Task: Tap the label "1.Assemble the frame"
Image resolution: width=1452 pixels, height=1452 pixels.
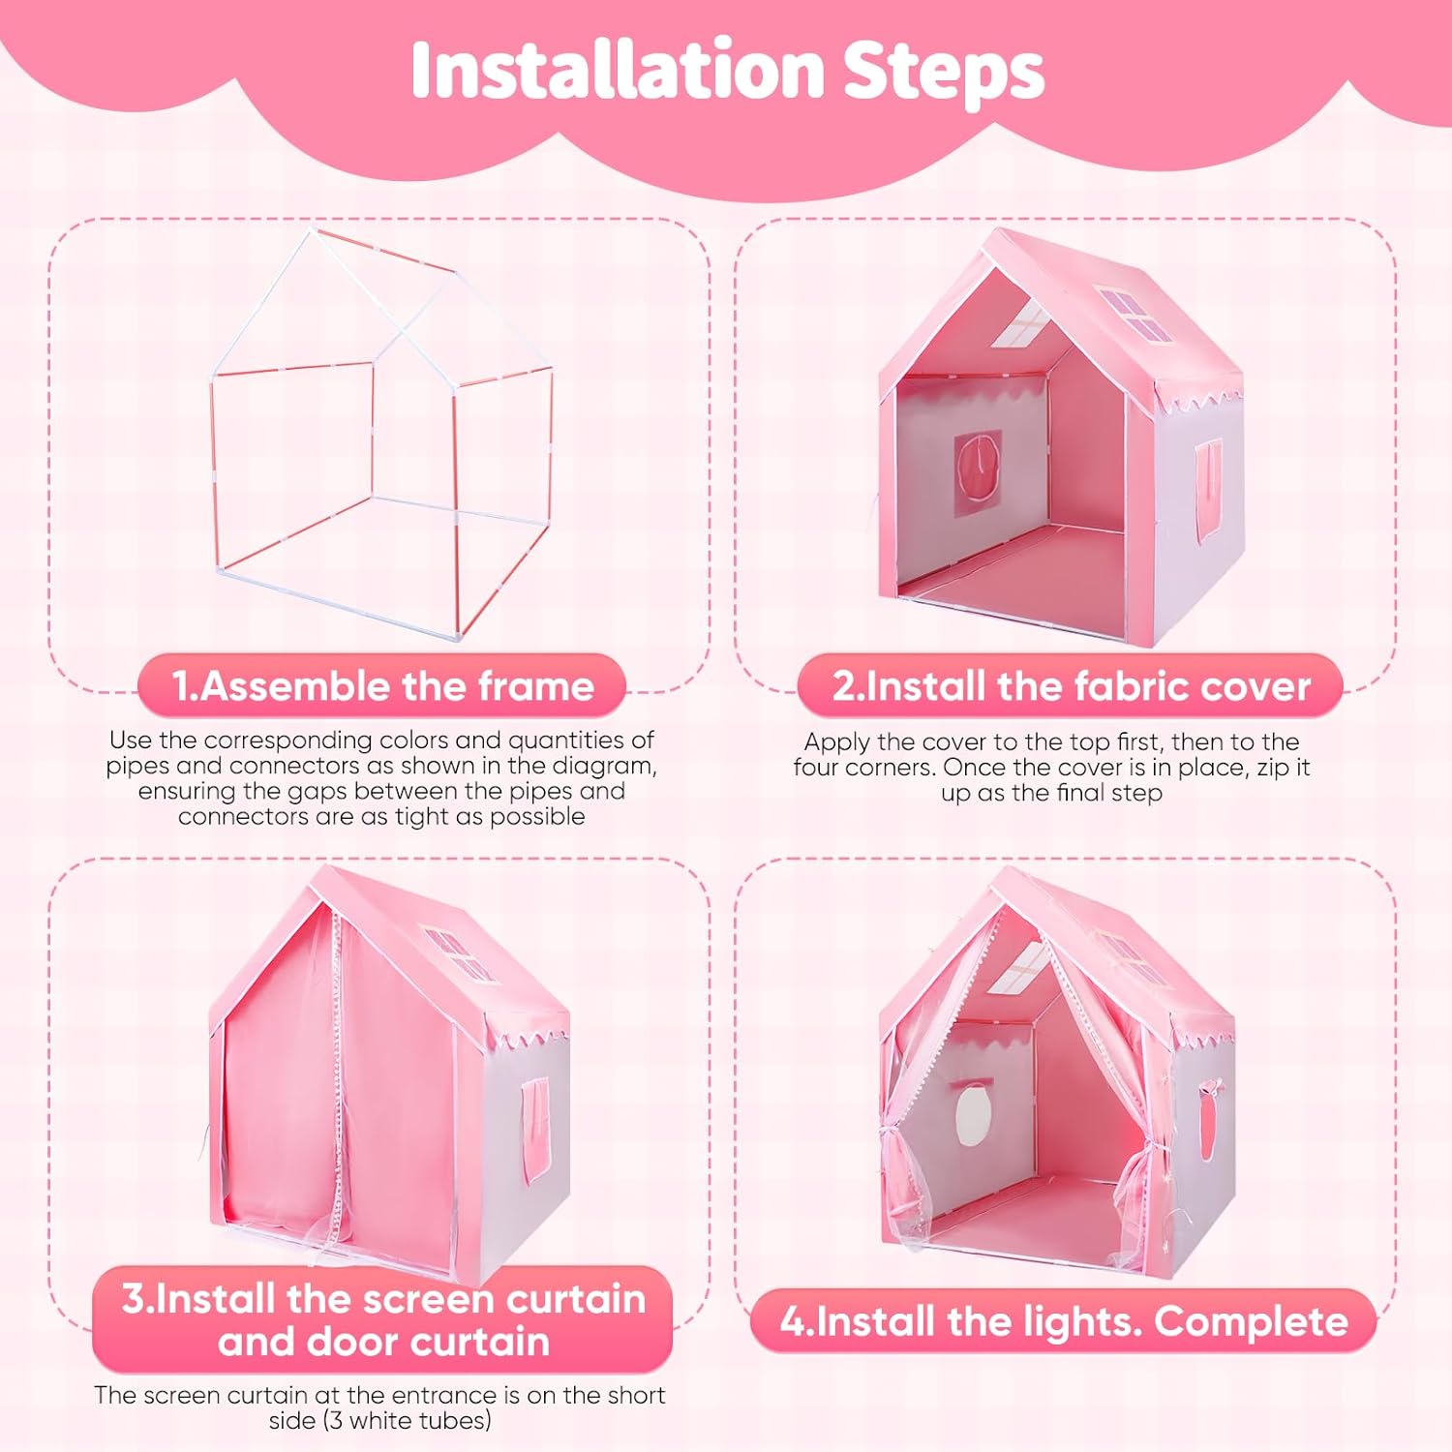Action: (x=382, y=685)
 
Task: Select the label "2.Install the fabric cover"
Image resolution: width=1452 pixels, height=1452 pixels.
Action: (x=1071, y=685)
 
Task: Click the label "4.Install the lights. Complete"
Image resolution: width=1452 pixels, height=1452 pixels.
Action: (x=1064, y=1321)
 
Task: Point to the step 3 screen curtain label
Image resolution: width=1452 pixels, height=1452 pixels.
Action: (x=383, y=1319)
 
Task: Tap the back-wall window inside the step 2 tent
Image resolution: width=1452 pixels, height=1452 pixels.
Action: (x=979, y=474)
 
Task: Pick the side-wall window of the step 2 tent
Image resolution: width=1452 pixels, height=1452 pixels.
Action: (x=1209, y=491)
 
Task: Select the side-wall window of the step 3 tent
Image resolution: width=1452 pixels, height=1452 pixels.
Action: (x=535, y=1129)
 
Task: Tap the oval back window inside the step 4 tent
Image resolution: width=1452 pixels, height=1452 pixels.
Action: (x=971, y=1116)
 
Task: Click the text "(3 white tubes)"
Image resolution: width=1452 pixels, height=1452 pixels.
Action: (x=380, y=1421)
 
